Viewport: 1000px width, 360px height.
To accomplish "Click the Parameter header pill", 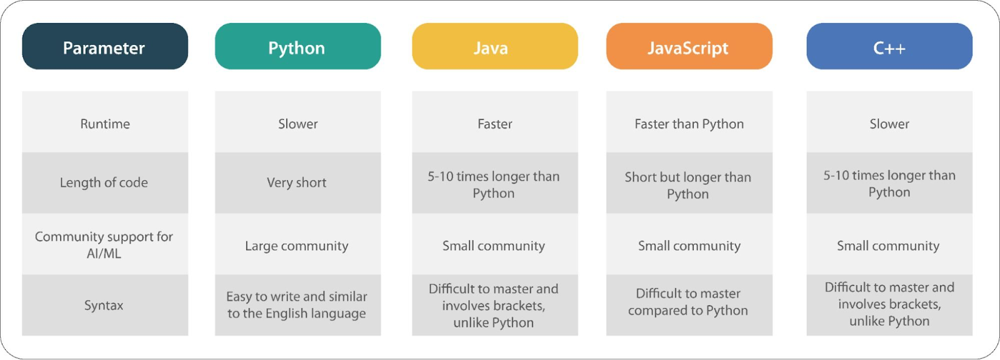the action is pyautogui.click(x=105, y=46).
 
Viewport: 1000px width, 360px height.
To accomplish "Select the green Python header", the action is pyautogui.click(x=297, y=46).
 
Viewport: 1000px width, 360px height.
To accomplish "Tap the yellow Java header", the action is pyautogui.click(x=494, y=46).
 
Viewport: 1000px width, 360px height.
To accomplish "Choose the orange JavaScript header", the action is pyautogui.click(x=689, y=46).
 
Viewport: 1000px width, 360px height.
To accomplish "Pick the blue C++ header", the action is pyautogui.click(x=889, y=46).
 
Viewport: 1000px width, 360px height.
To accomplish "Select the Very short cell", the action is pyautogui.click(x=297, y=182).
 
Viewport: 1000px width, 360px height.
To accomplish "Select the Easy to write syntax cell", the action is pyautogui.click(x=297, y=305).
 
